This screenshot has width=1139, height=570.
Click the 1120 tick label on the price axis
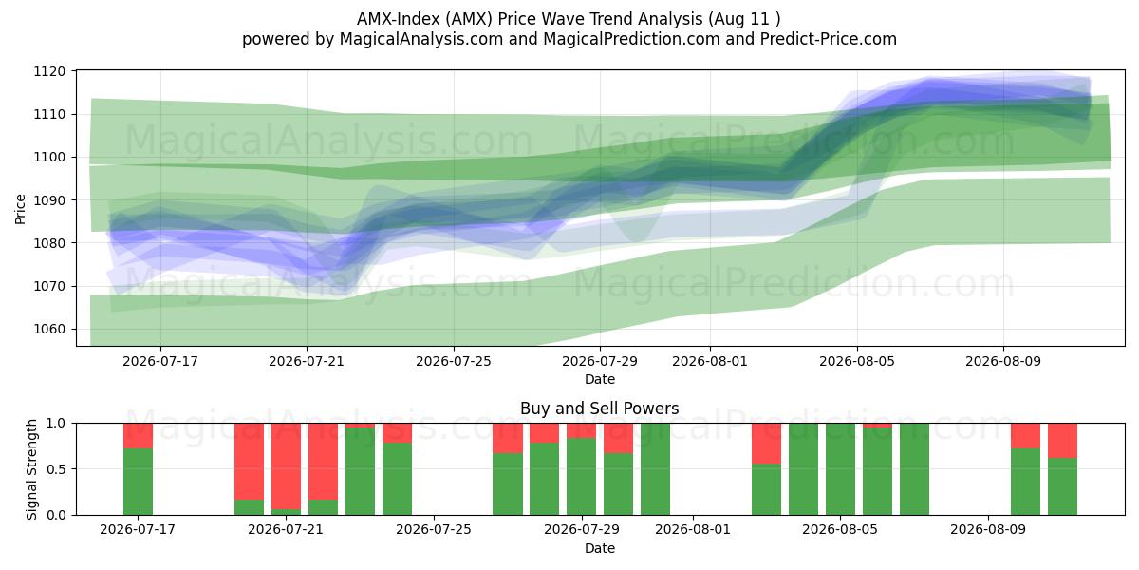tap(49, 71)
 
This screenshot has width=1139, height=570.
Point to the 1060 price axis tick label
tap(49, 330)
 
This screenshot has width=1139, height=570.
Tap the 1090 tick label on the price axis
tap(49, 200)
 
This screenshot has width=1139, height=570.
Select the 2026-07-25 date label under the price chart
tap(454, 361)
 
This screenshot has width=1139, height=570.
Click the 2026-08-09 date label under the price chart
tap(1003, 361)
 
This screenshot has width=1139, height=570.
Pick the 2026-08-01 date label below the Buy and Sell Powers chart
tap(693, 530)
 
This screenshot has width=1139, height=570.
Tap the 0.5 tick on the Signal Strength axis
tap(56, 469)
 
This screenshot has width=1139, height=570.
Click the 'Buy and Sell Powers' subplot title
tap(600, 408)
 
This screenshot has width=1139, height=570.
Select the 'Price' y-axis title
tap(20, 209)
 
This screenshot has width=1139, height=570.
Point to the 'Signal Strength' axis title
tap(31, 469)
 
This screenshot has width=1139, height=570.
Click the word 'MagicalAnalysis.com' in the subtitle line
tap(421, 39)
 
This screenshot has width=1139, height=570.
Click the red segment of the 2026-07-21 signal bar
tap(286, 466)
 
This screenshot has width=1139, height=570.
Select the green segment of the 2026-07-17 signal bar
tap(138, 482)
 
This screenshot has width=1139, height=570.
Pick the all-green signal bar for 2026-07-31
tap(656, 469)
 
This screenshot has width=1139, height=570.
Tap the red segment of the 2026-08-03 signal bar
tap(766, 444)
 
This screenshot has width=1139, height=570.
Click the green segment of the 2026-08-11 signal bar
tap(1062, 486)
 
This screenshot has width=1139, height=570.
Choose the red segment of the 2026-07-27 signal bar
tap(508, 438)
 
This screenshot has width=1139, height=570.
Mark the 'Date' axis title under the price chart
tap(600, 379)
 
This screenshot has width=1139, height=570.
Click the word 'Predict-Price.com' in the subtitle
tap(828, 39)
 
